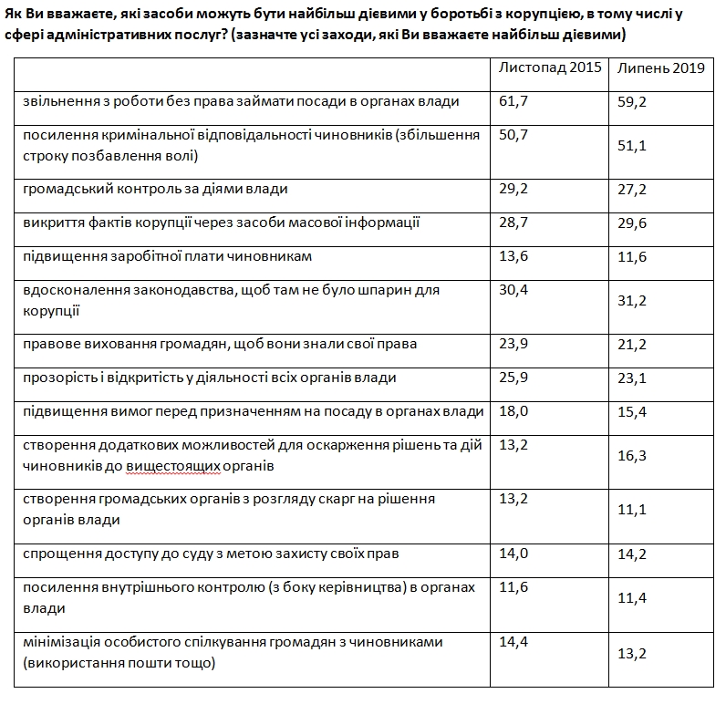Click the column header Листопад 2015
(550, 68)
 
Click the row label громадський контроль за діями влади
(156, 189)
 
